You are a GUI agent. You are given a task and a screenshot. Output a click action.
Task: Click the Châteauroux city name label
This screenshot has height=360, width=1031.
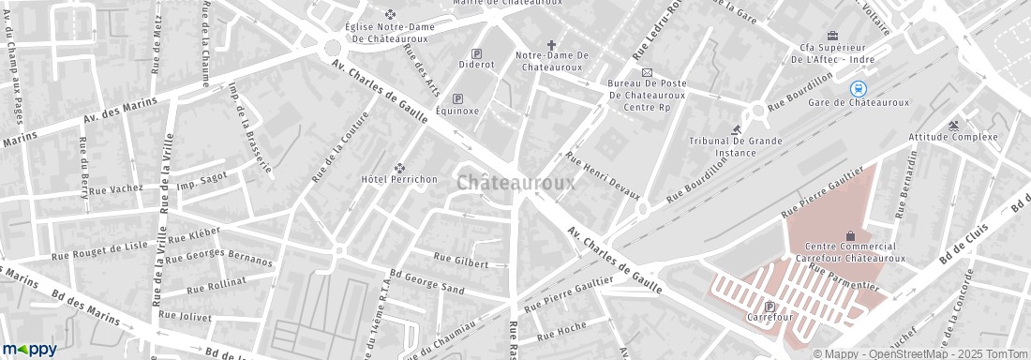click(516, 184)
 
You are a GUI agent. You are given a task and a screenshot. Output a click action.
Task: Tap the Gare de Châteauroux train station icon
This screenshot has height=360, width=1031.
click(858, 88)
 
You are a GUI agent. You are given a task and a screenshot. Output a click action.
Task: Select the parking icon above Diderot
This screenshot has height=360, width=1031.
click(476, 53)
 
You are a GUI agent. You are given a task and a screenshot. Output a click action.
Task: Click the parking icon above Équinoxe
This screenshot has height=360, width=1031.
click(458, 98)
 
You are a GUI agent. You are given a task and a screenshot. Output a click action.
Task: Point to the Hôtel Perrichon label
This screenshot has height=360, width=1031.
click(399, 178)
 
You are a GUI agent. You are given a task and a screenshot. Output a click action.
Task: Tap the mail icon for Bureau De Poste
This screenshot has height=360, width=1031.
click(646, 72)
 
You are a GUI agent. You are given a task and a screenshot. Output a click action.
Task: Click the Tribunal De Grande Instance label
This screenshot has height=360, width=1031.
click(736, 146)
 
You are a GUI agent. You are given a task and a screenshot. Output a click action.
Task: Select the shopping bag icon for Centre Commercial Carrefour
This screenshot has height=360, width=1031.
click(850, 234)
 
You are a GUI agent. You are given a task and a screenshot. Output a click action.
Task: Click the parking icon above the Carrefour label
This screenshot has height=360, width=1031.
click(770, 306)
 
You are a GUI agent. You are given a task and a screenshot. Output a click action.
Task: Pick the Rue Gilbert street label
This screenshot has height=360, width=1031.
click(461, 261)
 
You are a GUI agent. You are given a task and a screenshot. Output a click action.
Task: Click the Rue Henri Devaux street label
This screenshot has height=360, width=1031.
click(603, 175)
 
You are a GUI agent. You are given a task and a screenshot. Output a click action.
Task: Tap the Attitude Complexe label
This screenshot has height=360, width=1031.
click(953, 137)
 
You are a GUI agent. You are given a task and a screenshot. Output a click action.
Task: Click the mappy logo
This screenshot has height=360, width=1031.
click(29, 349)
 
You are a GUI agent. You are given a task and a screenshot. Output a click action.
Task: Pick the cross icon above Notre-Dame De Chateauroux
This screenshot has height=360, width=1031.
click(552, 44)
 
